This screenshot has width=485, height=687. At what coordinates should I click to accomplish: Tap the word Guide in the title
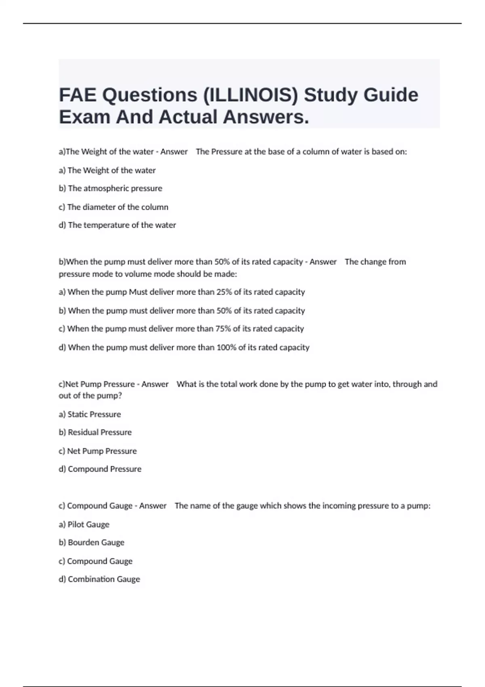390,95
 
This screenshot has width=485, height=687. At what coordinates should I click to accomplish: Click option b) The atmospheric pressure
110,188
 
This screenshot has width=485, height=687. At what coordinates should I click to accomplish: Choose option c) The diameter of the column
113,207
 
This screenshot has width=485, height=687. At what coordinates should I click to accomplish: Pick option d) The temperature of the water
117,225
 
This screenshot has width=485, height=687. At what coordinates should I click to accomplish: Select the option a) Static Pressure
90,414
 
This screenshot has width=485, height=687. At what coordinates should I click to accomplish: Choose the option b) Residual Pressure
95,432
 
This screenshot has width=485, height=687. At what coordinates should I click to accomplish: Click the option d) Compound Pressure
100,469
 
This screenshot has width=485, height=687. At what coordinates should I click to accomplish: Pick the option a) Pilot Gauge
84,525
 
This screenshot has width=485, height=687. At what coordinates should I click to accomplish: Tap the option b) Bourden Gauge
91,543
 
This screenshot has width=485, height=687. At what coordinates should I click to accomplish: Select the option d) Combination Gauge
99,580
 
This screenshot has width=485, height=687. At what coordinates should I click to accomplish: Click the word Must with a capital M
138,292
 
